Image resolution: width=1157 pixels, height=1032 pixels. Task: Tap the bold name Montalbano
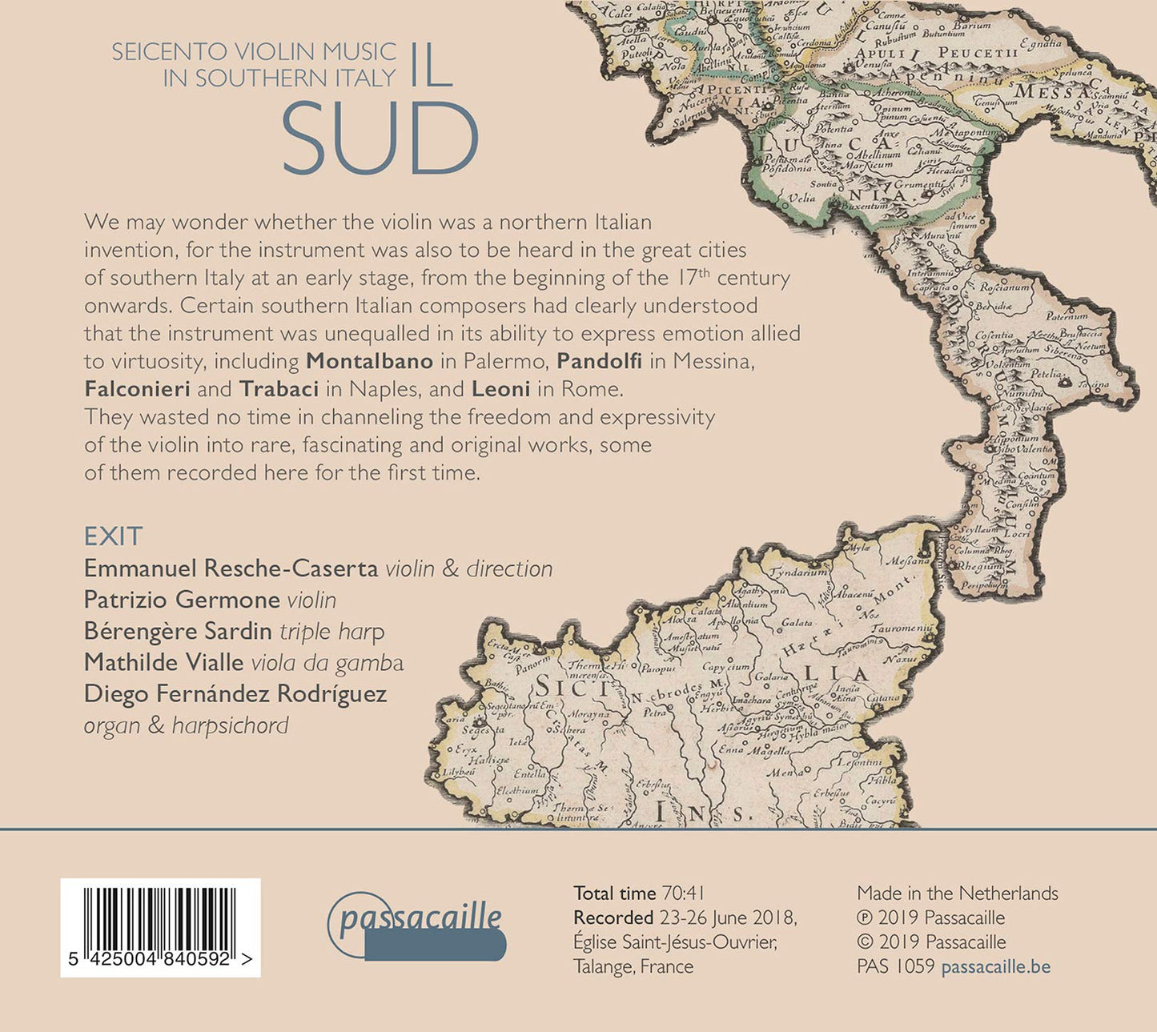click(x=369, y=361)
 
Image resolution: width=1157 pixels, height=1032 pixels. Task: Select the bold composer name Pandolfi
click(x=600, y=361)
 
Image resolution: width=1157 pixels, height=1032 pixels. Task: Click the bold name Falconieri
click(x=137, y=389)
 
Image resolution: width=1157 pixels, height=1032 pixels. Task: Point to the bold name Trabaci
click(x=279, y=389)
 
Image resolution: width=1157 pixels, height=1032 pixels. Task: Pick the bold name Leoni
click(x=501, y=389)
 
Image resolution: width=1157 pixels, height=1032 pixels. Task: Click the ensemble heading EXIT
click(x=113, y=536)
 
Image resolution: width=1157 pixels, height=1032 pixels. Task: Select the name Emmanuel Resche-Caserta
click(x=231, y=568)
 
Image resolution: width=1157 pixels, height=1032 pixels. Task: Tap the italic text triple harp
click(x=331, y=632)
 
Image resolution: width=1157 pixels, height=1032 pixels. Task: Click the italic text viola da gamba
click(x=327, y=663)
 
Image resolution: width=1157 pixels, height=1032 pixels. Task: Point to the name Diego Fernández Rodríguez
click(x=235, y=693)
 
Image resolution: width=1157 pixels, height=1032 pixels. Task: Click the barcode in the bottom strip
click(x=160, y=921)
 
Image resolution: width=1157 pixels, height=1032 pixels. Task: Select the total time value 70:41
click(x=682, y=893)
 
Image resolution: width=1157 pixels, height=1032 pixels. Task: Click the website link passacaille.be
click(x=995, y=966)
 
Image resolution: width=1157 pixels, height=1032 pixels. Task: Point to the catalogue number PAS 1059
click(x=895, y=966)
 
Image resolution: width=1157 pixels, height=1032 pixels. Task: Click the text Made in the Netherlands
click(x=957, y=893)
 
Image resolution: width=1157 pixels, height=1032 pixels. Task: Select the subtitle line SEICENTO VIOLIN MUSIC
click(x=254, y=52)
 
